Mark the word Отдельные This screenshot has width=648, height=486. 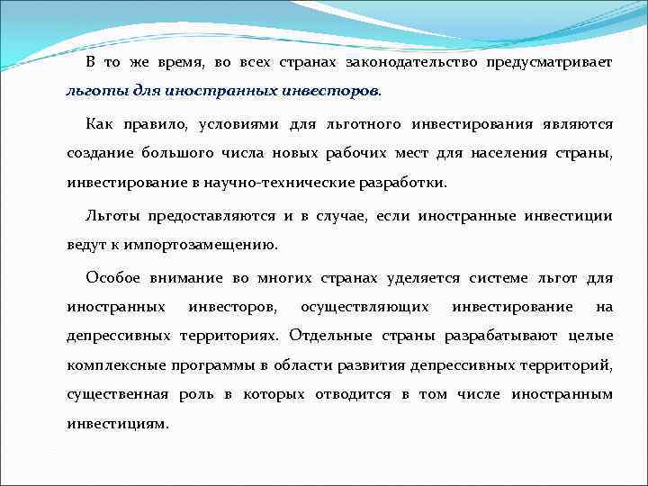tap(330, 337)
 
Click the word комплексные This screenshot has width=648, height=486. tap(112, 366)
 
